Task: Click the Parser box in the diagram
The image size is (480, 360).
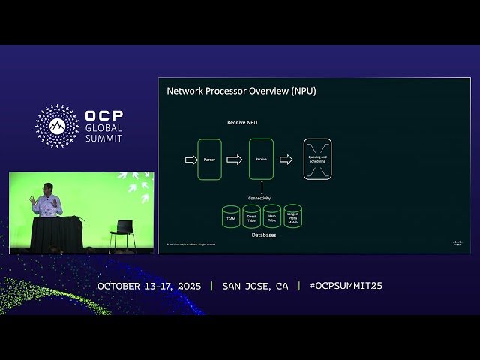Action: tap(209, 159)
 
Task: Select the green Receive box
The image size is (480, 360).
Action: tap(261, 159)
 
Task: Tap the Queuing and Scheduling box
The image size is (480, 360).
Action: tap(317, 159)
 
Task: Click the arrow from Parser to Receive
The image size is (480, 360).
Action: tap(235, 159)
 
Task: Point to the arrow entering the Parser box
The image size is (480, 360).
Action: tap(190, 159)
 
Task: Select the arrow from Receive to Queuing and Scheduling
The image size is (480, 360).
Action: tap(286, 159)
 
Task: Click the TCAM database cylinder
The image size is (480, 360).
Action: tap(231, 217)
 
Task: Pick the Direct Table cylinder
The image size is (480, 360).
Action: tap(251, 217)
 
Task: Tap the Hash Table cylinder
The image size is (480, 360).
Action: tap(272, 217)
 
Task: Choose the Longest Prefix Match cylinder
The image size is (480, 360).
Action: tap(292, 217)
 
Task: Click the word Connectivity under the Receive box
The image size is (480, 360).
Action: tap(259, 198)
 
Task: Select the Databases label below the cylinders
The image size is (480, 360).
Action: tap(263, 235)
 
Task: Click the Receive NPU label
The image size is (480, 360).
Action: tap(243, 122)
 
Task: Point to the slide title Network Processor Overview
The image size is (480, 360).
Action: tap(241, 91)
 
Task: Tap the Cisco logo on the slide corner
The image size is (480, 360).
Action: tap(457, 243)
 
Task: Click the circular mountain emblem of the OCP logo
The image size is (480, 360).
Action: tap(58, 126)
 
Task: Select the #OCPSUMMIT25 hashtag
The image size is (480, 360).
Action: tap(346, 286)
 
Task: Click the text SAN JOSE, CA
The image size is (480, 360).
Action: tap(255, 286)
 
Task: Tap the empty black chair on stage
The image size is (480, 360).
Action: tap(123, 234)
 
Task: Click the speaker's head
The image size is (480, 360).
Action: tap(45, 187)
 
